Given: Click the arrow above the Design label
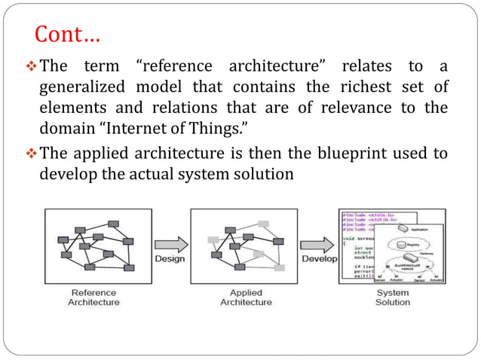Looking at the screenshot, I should tap(170, 243).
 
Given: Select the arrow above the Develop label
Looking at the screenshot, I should tap(317, 245).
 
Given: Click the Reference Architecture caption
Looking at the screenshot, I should tap(93, 297).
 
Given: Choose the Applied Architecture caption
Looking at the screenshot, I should tap(245, 297).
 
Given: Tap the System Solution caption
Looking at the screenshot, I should tap(392, 297).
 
